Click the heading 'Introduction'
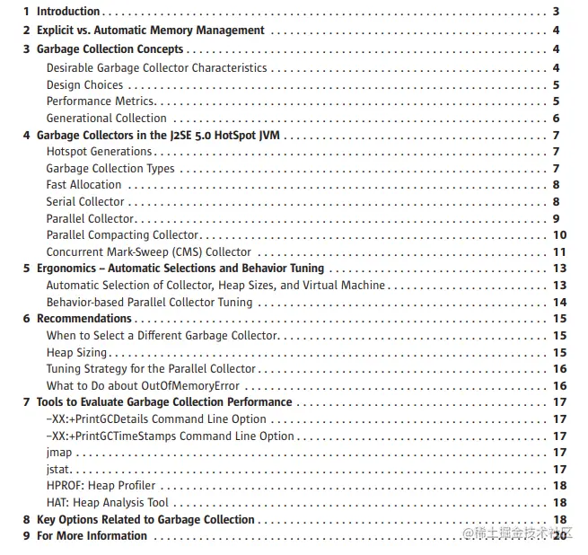68,12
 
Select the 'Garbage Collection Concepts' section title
110,49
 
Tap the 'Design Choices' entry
84,85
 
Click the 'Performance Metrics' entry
101,101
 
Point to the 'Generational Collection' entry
106,119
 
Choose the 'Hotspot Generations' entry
99,152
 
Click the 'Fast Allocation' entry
83,185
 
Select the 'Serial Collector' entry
85,202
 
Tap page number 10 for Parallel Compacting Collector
557,235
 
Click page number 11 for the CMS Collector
557,252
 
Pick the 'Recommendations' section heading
83,319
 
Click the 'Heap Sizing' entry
76,353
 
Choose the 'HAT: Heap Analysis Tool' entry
107,503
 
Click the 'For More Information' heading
92,536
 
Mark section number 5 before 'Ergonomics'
26,269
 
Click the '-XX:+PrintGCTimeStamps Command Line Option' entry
170,436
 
